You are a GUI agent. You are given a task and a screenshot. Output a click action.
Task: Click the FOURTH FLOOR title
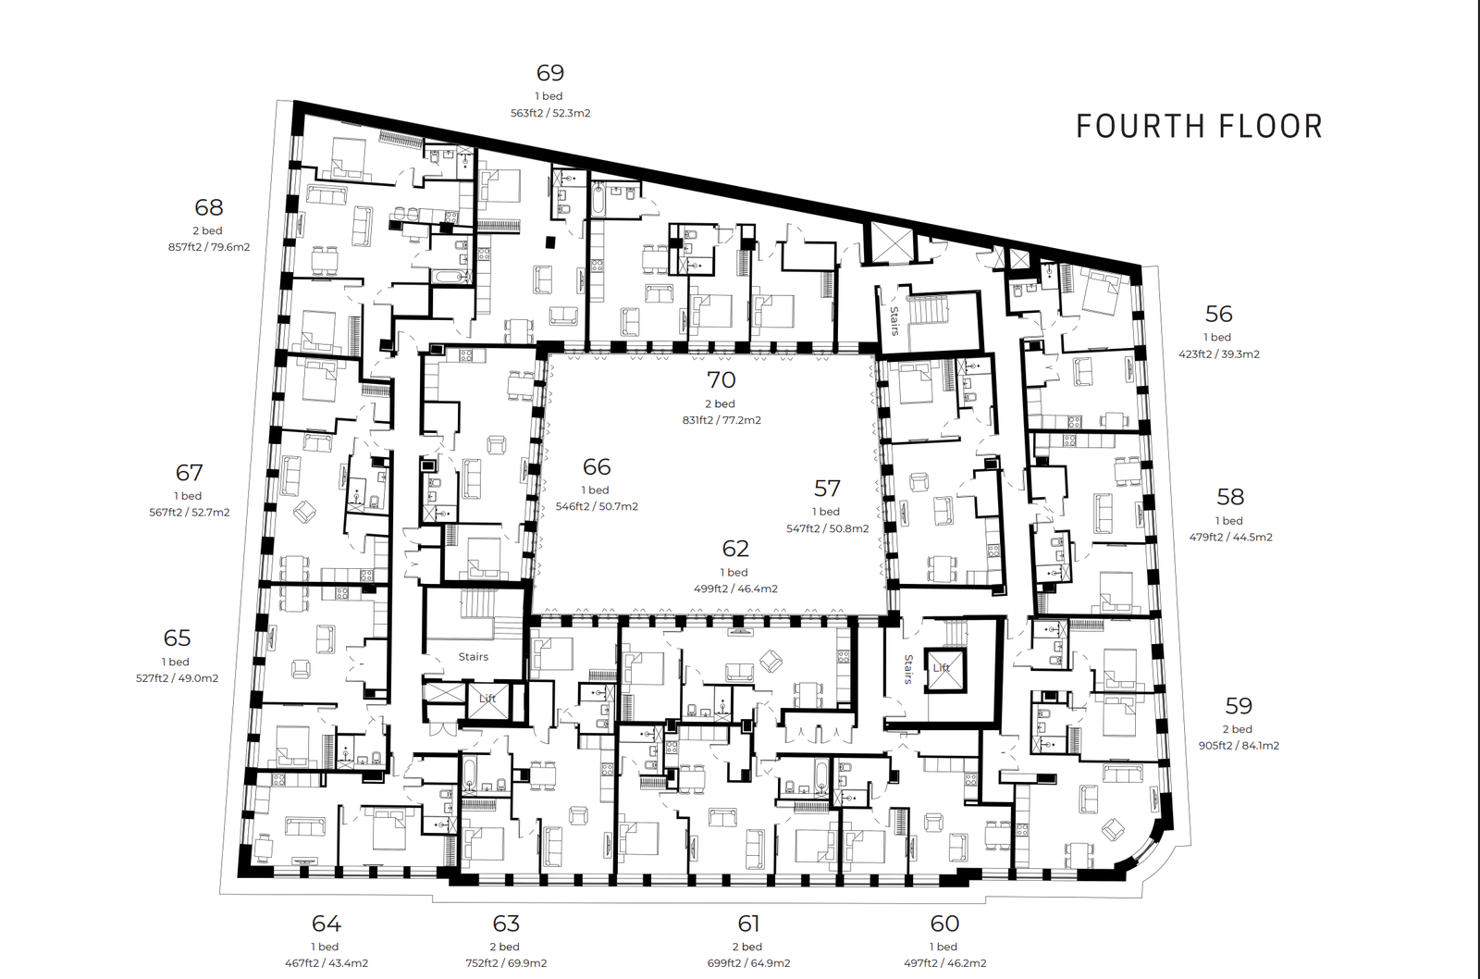coord(1199,126)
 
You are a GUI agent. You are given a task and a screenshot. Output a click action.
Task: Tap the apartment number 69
coord(549,72)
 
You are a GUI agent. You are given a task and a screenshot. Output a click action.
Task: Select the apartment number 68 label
coord(209,207)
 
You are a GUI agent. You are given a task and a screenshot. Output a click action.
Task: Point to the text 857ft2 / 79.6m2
coord(209,247)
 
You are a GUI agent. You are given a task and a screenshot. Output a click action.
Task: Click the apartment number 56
coord(1218,314)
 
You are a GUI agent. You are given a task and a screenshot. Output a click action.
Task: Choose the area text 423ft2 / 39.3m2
coord(1219,353)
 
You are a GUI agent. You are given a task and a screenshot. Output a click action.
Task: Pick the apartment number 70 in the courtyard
coord(721,379)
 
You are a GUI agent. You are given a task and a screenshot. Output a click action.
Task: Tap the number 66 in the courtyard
coord(596,466)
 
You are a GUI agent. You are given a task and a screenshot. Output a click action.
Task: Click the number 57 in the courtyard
coord(827,489)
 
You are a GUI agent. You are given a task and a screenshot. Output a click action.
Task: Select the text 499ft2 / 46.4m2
coord(735,589)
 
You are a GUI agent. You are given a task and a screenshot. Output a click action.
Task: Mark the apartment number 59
coord(1239,705)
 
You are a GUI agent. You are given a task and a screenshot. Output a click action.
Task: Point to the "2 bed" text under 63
coord(505,947)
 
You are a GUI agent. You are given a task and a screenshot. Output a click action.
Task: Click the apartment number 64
coord(327,923)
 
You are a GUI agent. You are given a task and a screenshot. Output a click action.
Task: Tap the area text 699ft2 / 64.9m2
coord(748,963)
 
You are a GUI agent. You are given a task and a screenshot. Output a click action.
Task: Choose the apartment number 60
coord(944,923)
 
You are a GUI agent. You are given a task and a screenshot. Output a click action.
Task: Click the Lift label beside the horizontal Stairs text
coord(487,699)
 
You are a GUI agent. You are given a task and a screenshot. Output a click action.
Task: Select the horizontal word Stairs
coord(474,656)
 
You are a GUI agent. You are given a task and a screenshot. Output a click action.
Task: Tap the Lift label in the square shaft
coord(941,668)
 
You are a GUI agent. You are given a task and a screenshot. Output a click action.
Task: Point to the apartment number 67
coord(189,472)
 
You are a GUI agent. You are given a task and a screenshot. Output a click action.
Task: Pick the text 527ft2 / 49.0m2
coord(177,677)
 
